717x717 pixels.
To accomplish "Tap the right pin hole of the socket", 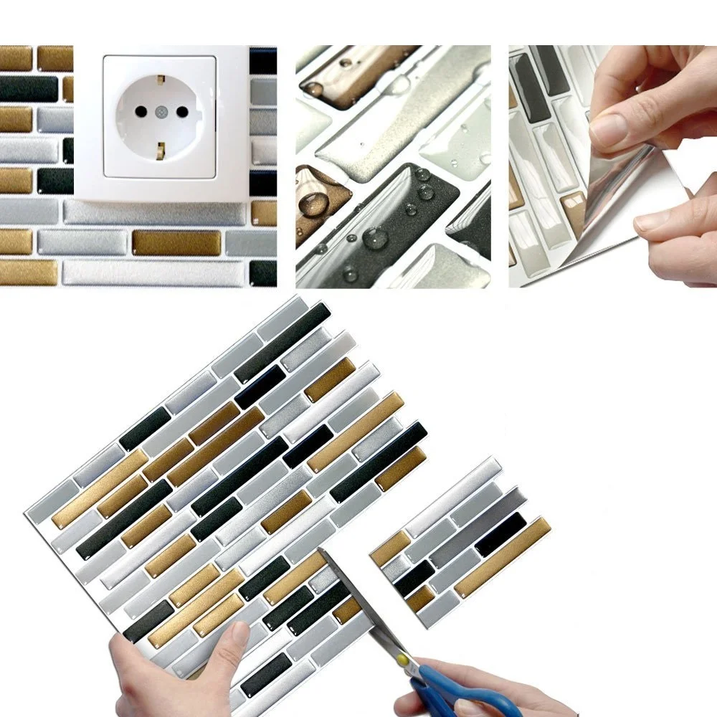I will [x=182, y=112].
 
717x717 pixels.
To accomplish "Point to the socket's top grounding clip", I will [x=160, y=76].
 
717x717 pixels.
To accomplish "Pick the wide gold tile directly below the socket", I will [x=176, y=242].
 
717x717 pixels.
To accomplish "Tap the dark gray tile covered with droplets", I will [x=387, y=215].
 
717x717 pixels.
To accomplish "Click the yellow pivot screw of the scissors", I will [x=406, y=658].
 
